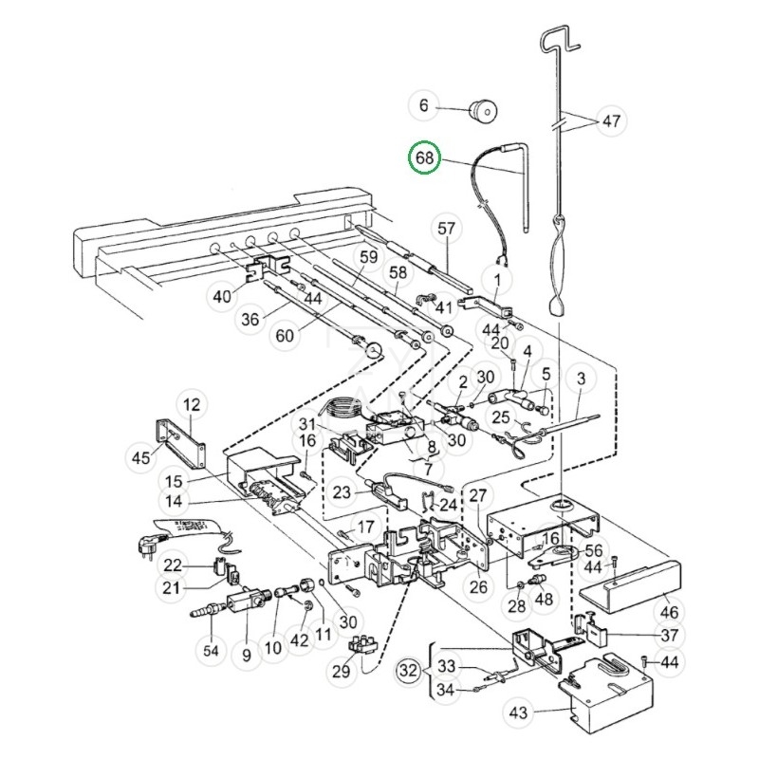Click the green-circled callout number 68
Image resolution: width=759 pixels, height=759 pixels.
[424, 157]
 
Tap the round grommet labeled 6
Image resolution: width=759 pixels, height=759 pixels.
[483, 110]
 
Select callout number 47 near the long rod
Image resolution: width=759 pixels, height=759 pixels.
[611, 120]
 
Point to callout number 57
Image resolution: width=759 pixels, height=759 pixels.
[446, 228]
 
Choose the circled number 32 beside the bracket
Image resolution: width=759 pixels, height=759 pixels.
[408, 671]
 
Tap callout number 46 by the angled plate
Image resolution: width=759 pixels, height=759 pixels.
[670, 612]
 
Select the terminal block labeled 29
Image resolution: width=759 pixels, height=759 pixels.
[363, 645]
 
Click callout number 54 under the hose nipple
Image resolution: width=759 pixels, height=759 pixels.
[211, 651]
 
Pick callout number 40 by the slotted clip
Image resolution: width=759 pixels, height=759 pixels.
[222, 296]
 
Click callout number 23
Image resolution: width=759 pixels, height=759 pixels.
[342, 492]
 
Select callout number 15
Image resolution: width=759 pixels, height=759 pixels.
[174, 482]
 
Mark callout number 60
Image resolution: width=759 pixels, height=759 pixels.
[284, 335]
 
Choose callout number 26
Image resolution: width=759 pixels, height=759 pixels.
[478, 587]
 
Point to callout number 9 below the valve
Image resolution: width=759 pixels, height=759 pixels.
[247, 656]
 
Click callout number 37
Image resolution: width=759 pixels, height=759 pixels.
[670, 635]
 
